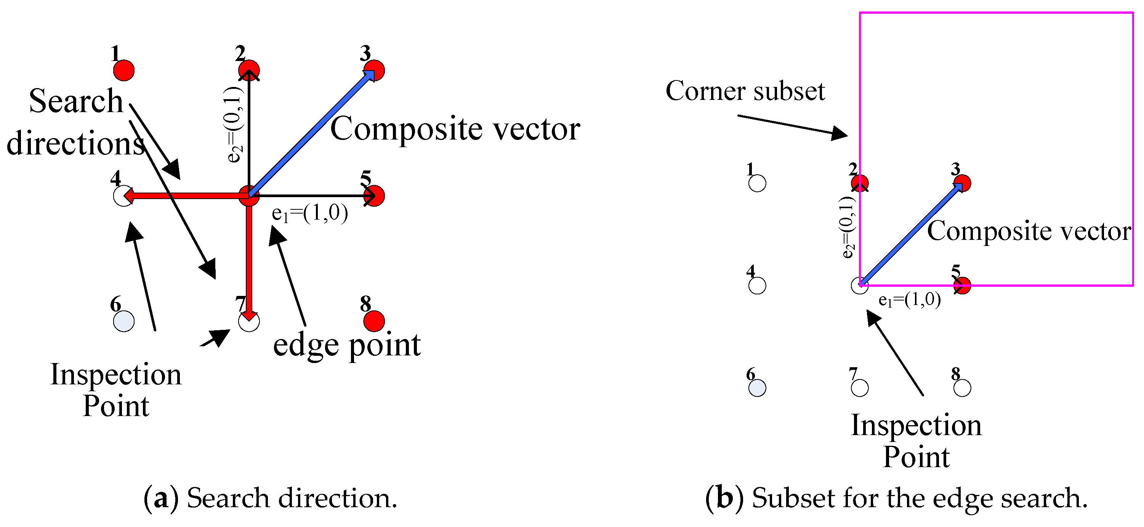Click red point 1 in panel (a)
(x=123, y=71)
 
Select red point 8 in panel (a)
(x=374, y=321)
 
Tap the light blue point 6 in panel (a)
(x=123, y=321)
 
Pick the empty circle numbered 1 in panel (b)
(x=757, y=183)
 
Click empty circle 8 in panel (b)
(x=962, y=388)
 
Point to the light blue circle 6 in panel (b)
(x=757, y=388)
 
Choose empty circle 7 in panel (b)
(x=860, y=388)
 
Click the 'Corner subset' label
(x=745, y=92)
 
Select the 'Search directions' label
(x=75, y=122)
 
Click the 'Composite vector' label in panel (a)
(x=455, y=129)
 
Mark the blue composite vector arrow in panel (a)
(x=311, y=133)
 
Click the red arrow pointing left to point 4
(x=186, y=196)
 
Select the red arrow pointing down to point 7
(x=249, y=262)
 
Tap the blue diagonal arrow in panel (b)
(x=910, y=234)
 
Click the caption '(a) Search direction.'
(x=270, y=498)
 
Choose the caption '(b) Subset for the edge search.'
(x=896, y=498)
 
